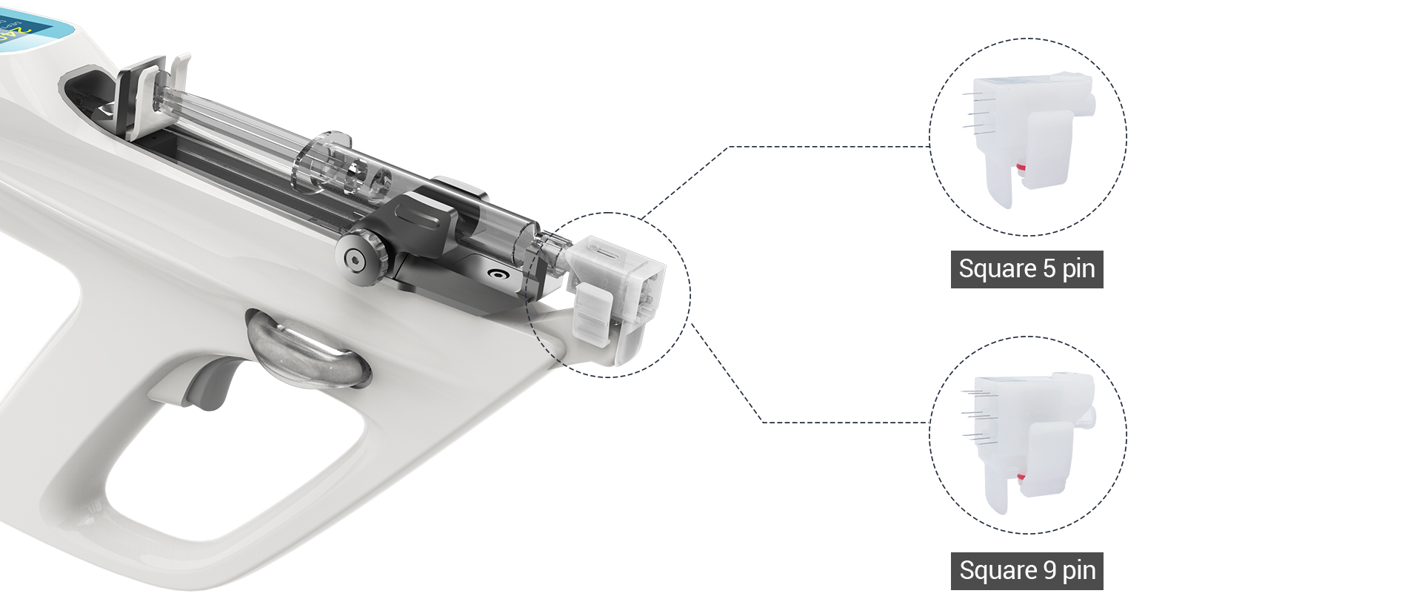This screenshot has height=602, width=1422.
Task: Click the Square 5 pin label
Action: click(1027, 269)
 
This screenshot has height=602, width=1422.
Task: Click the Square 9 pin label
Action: click(1027, 571)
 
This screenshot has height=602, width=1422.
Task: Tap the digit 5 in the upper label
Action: click(1049, 268)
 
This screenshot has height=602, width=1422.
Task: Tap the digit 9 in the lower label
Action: click(1049, 570)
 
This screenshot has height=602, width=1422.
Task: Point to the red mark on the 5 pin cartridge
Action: click(1021, 168)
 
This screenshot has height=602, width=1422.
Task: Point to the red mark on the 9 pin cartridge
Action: click(1022, 477)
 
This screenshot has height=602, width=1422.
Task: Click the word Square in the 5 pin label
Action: click(998, 269)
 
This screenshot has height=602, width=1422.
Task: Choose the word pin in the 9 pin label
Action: click(1079, 572)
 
